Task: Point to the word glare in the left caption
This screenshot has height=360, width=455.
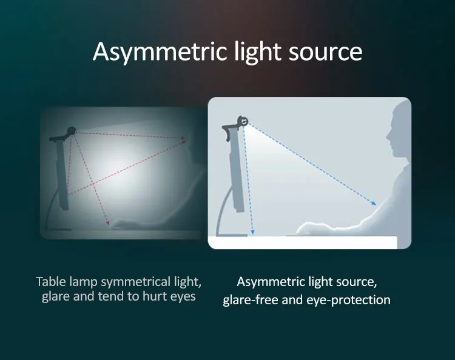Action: click(56, 297)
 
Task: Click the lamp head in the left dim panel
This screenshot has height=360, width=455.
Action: click(72, 132)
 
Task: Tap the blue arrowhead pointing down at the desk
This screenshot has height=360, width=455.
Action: click(252, 232)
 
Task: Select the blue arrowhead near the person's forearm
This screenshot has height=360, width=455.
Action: click(374, 203)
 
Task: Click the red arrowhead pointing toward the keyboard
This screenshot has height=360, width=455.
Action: click(107, 222)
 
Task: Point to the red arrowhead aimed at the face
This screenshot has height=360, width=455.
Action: click(183, 139)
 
